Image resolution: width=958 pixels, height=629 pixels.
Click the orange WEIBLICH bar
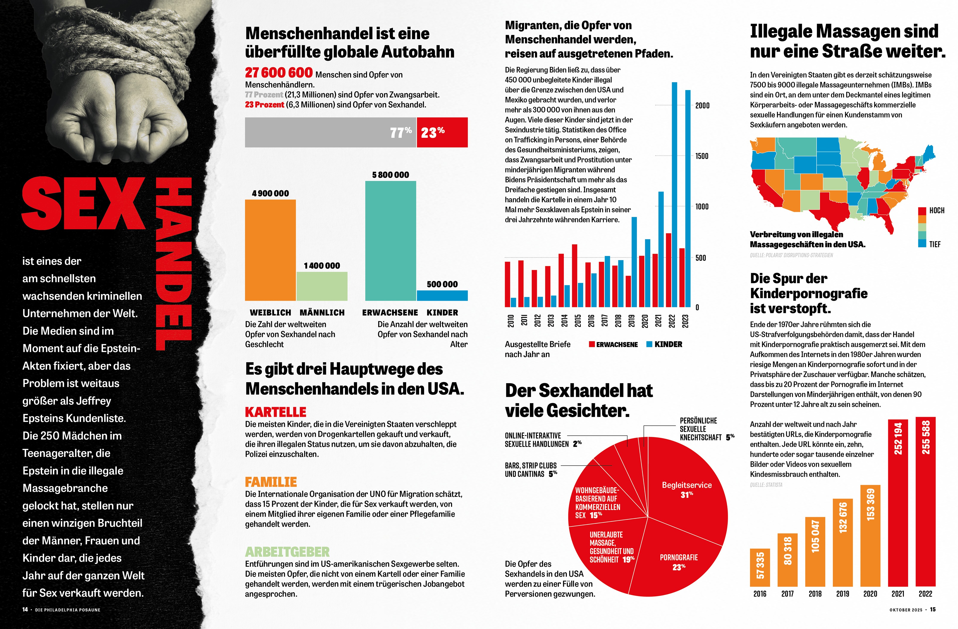(x=270, y=250)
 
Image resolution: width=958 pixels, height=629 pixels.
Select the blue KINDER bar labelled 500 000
(x=442, y=295)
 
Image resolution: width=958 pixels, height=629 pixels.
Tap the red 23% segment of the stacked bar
(x=442, y=132)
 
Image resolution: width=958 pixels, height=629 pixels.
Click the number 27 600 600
(x=279, y=73)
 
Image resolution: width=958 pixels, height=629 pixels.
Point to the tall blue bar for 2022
(x=674, y=193)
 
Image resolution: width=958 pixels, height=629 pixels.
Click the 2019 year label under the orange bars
(x=842, y=594)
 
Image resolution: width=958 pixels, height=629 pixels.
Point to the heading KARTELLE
(x=276, y=412)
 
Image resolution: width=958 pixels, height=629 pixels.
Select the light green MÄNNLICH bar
(x=322, y=286)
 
